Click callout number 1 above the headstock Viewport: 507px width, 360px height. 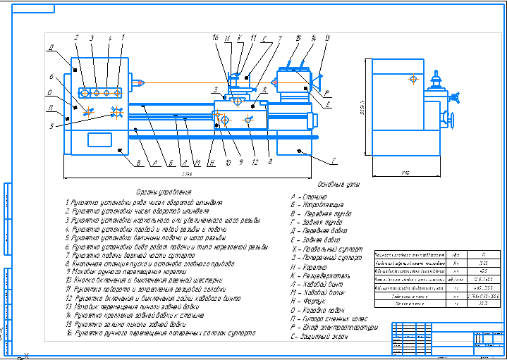pyautogui.click(x=123, y=37)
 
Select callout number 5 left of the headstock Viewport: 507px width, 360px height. pyautogui.click(x=51, y=127)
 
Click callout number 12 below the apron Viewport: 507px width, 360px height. pyautogui.click(x=255, y=163)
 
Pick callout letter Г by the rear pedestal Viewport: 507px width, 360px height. pyautogui.click(x=334, y=161)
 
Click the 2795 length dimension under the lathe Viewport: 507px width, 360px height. pyautogui.click(x=187, y=173)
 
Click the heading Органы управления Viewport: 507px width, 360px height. pyautogui.click(x=163, y=192)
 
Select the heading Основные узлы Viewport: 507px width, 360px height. pyautogui.click(x=339, y=185)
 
